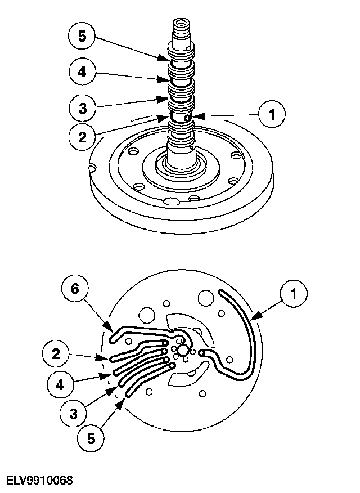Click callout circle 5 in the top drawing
click(82, 37)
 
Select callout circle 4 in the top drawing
click(82, 71)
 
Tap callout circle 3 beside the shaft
click(82, 107)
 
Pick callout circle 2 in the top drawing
click(82, 137)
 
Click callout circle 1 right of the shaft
click(272, 114)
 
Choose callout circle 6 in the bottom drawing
click(75, 289)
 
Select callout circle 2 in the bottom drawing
click(56, 354)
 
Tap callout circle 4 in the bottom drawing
click(60, 386)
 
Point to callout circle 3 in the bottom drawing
click(73, 413)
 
